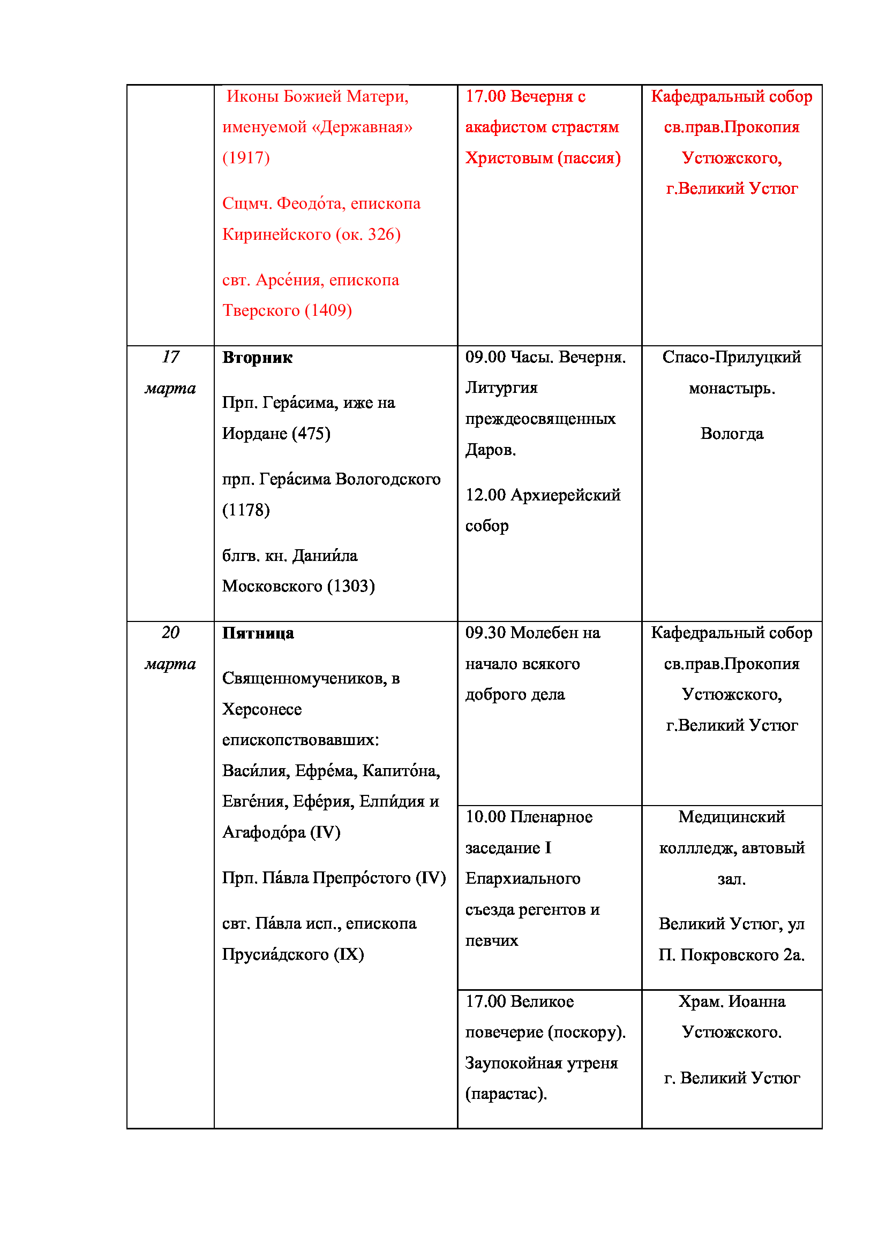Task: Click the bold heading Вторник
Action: click(257, 358)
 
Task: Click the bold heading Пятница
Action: click(258, 633)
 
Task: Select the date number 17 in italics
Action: click(170, 357)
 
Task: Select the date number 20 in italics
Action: click(170, 633)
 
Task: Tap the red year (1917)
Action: click(246, 157)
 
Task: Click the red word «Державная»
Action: click(362, 127)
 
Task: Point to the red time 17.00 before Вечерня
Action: click(485, 96)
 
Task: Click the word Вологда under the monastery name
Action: click(732, 434)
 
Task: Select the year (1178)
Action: click(246, 510)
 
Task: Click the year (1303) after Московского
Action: click(351, 586)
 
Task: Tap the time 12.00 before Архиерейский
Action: click(485, 495)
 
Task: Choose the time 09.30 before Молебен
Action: click(485, 633)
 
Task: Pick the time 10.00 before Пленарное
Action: click(485, 817)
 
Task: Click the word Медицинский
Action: click(732, 817)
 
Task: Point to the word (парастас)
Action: click(506, 1094)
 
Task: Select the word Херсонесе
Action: click(262, 709)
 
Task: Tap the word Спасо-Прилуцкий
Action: click(732, 357)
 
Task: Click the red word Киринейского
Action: click(276, 234)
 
